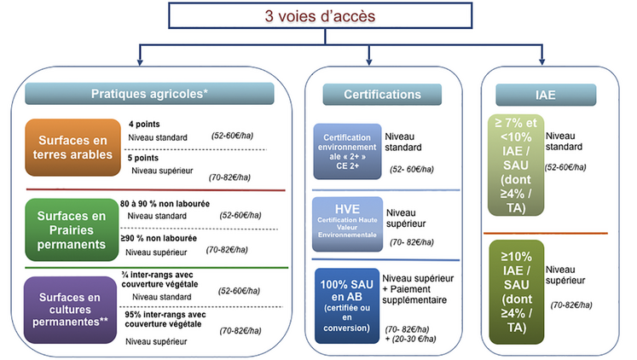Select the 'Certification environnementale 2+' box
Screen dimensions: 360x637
(x=345, y=150)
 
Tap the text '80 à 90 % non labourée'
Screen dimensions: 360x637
(x=165, y=204)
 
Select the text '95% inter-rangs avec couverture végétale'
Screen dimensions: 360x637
(x=167, y=319)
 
